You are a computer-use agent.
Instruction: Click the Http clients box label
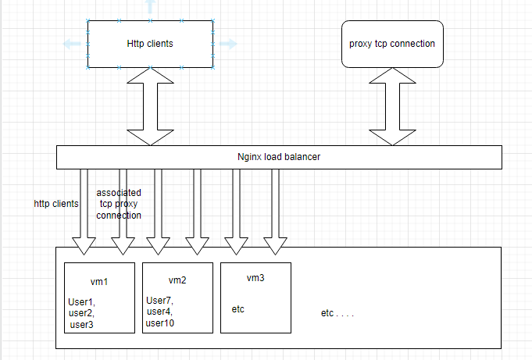tap(149, 44)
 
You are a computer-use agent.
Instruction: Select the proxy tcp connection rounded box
tap(391, 44)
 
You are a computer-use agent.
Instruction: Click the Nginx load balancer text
tap(279, 157)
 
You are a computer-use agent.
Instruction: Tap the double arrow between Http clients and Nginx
tap(149, 106)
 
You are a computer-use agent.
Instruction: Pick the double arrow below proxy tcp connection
tap(391, 106)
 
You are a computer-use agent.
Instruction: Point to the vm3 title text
tap(256, 278)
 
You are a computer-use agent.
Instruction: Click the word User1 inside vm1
tap(81, 301)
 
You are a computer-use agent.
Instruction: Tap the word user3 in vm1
tap(82, 324)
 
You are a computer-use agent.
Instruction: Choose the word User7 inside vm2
tap(159, 300)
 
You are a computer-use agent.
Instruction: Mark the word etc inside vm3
tap(238, 309)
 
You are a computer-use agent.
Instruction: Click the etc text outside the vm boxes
tap(337, 313)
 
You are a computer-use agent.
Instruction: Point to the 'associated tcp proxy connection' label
tap(119, 203)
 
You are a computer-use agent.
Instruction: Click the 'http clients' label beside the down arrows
tap(56, 204)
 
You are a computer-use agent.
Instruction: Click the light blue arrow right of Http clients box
tap(227, 44)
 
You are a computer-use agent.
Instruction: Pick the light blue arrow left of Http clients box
tap(73, 45)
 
